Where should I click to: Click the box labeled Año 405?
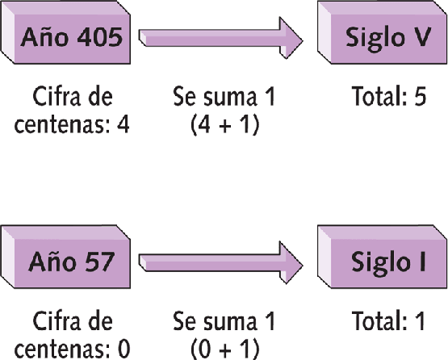click(65, 32)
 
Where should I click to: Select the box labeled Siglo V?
click(383, 32)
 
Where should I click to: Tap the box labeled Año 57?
click(65, 257)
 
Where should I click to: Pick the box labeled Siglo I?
click(383, 257)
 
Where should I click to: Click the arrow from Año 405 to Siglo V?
click(220, 38)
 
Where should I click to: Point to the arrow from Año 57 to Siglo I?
click(220, 262)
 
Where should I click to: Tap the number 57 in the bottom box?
click(97, 262)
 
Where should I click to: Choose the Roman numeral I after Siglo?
click(422, 262)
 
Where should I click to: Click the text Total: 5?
click(389, 96)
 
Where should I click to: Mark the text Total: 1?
click(388, 320)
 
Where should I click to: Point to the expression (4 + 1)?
click(225, 124)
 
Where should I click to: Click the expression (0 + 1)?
click(225, 350)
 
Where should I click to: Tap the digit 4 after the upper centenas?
click(124, 124)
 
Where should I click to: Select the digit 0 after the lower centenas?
click(124, 349)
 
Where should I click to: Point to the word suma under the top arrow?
click(229, 97)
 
